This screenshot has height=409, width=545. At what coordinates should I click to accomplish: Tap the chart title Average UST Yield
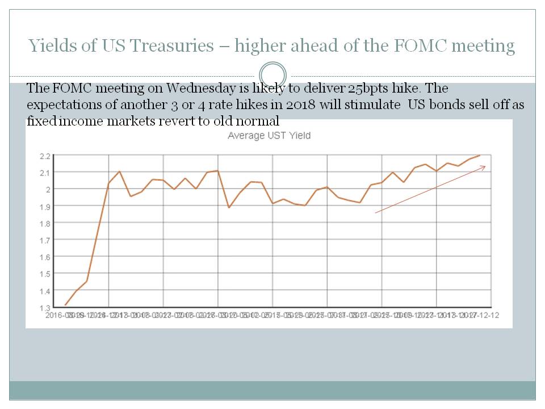click(x=269, y=136)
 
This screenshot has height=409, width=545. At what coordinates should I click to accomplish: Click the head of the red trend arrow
click(x=485, y=166)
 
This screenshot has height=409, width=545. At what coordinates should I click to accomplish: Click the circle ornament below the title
click(x=272, y=75)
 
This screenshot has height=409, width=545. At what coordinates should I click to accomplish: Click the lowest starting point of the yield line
click(x=65, y=305)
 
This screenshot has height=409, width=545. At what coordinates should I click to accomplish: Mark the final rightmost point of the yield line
click(x=480, y=155)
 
